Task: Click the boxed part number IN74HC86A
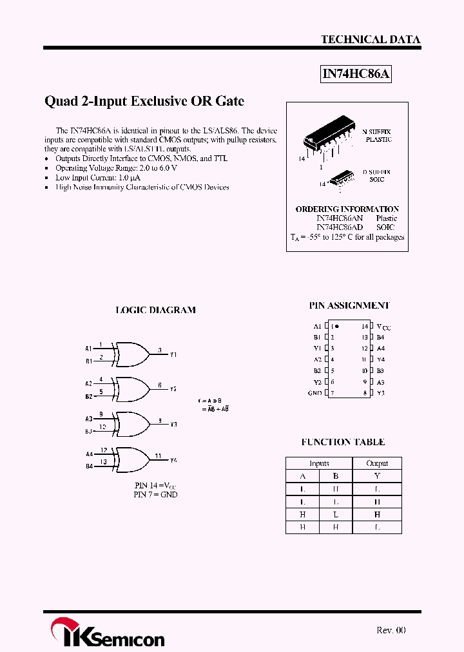coord(356,74)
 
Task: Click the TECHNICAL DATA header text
coord(371,39)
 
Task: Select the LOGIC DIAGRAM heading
coord(155,310)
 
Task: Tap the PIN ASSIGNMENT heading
coord(349,305)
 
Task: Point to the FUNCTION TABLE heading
coord(343,442)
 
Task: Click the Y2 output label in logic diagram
coord(173,389)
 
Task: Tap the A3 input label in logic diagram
coord(89,419)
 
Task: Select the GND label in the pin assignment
coord(315,393)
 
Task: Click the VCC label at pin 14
coord(383,327)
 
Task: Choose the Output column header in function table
coord(377,463)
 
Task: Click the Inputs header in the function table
coord(319,463)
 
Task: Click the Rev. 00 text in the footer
coord(391,630)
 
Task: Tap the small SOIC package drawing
coord(342,178)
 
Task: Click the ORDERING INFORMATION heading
coord(347,209)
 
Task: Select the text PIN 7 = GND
coord(155,495)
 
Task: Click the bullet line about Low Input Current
coord(98,177)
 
